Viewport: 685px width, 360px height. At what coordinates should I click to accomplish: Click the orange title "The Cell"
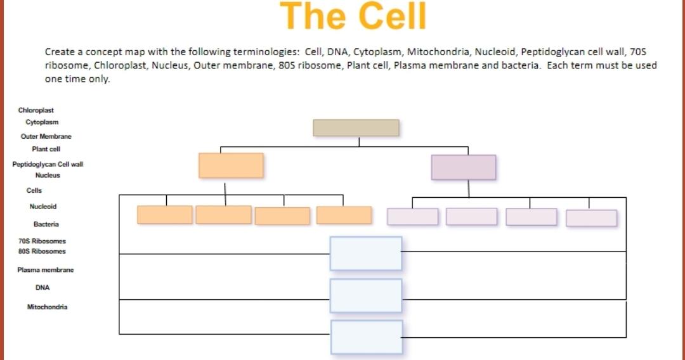coord(353,16)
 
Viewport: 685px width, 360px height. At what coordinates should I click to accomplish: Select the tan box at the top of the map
coord(356,127)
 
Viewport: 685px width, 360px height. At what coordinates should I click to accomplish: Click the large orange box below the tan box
coord(231,165)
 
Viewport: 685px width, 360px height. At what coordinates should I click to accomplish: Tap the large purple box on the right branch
coord(464,167)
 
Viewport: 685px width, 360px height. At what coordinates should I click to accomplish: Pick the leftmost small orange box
coord(165,215)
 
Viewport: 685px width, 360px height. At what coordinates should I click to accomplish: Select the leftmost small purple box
coord(413,217)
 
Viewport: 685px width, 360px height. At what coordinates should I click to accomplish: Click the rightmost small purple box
coord(591,218)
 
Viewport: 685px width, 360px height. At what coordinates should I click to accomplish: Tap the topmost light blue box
coord(366,254)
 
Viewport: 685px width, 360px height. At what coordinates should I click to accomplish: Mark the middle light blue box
coord(366,295)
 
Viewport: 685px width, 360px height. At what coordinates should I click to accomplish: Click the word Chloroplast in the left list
coord(36,110)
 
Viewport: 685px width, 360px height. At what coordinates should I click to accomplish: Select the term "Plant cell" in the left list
coord(46,150)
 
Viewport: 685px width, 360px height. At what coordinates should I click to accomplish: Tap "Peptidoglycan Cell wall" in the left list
coord(48,164)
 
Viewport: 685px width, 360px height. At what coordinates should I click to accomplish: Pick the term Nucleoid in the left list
coord(43,207)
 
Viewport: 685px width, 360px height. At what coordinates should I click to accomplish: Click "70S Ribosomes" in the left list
coord(42,241)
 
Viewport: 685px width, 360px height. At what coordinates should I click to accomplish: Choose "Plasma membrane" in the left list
coord(46,270)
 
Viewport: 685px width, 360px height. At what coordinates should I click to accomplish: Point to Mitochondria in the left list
coord(47,307)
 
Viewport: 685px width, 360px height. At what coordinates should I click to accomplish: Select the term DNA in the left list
coord(43,288)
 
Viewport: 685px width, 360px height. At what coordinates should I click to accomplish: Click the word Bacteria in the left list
coord(46,224)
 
